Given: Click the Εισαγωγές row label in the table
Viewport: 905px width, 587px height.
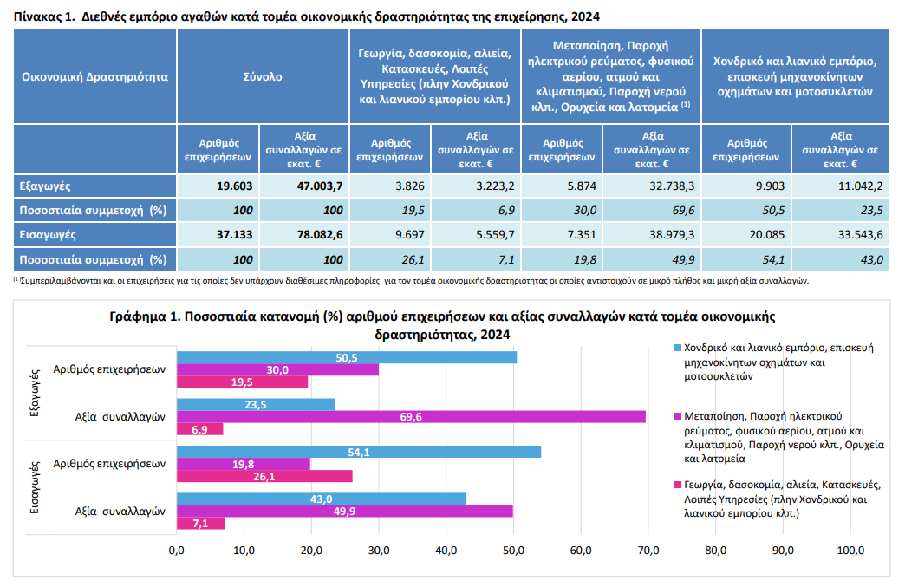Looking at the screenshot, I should click(x=42, y=234).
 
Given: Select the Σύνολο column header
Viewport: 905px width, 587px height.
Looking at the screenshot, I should click(x=263, y=76).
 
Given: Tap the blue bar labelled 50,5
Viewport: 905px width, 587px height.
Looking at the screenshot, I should click(x=347, y=357).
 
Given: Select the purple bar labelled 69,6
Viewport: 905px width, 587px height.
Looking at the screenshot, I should click(x=412, y=417).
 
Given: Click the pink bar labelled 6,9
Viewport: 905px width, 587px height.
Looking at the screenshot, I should click(x=199, y=429).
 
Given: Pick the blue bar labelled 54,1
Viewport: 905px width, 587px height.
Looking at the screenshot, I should click(x=359, y=452).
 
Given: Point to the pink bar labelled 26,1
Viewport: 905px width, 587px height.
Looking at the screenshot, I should click(x=264, y=476).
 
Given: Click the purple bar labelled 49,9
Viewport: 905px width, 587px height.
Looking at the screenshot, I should click(x=344, y=511).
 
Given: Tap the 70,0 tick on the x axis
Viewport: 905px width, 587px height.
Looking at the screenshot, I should click(x=648, y=550).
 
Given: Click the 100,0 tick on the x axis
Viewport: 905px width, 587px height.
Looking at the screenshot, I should click(x=850, y=550).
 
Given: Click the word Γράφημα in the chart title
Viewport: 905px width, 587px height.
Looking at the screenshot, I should click(x=141, y=316).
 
